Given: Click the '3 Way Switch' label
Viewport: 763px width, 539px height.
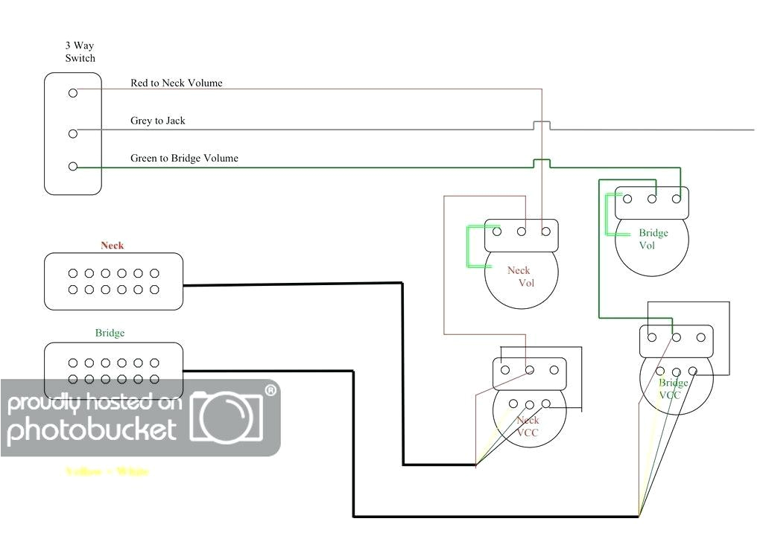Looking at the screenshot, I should tap(80, 51).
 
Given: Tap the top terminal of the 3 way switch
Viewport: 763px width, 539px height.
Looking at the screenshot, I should tap(73, 93).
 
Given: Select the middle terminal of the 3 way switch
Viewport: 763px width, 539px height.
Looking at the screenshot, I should tap(73, 133).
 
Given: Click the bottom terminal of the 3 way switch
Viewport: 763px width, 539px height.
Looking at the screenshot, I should tap(73, 167).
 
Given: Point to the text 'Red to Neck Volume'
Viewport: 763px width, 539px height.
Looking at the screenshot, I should tap(177, 83).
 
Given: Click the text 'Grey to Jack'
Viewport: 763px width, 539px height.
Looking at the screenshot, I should tap(158, 120).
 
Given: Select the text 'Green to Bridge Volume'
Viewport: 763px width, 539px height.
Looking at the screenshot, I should tap(185, 158).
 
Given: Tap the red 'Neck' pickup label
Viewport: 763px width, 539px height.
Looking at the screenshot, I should tap(113, 245).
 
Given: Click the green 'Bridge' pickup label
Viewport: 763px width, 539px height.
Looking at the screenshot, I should tap(110, 333).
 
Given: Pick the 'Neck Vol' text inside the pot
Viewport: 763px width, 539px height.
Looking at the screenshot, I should tap(521, 276).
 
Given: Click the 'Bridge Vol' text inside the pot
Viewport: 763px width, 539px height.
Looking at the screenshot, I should tap(653, 238).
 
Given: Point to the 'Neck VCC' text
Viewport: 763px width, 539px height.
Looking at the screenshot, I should tap(528, 426).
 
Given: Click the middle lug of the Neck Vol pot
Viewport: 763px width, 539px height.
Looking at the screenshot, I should tap(522, 232).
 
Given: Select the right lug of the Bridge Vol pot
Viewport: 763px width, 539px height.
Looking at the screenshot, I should tap(677, 199).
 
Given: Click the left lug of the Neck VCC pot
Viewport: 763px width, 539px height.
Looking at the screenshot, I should tap(505, 369).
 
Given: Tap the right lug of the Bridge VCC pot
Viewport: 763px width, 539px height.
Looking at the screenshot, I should tap(701, 337).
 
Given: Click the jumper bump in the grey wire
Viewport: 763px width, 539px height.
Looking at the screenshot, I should tap(542, 124).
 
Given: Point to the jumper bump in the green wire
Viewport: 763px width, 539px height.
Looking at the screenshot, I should tap(542, 163).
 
